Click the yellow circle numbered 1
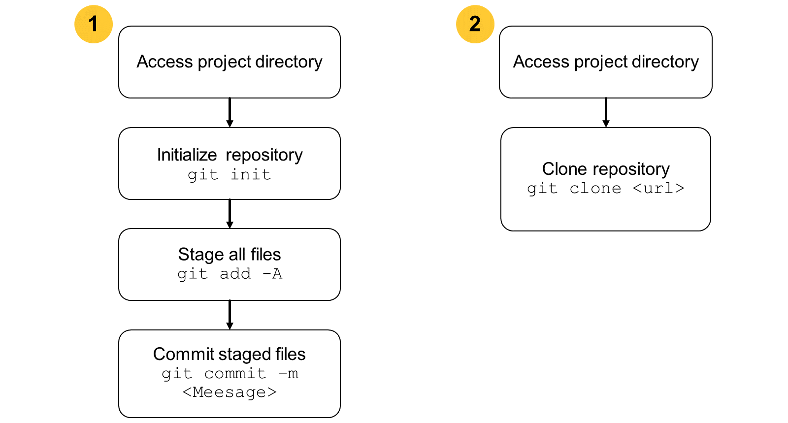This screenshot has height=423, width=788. pos(94,24)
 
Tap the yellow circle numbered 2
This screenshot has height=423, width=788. pos(475,24)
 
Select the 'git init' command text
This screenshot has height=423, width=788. pos(230,175)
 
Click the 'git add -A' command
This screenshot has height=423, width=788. pos(230,274)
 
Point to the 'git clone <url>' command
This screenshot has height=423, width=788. pos(605,189)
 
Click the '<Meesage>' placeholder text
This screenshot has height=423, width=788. pos(230,391)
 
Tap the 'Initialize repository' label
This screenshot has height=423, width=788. pos(230,155)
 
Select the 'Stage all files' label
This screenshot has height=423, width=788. pos(230,255)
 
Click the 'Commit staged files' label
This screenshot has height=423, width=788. pos(230,354)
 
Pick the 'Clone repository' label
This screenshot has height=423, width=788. pos(605,169)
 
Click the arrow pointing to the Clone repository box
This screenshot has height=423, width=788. pos(606,112)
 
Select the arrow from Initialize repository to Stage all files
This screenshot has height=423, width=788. pos(230,214)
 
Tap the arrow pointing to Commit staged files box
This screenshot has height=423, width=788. pos(230,315)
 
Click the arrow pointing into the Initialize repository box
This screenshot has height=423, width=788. pos(230,112)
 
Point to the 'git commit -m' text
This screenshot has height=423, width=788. pos(230,374)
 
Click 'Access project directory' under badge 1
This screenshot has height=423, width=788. pos(230,62)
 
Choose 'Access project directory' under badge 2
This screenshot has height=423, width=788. pos(606,62)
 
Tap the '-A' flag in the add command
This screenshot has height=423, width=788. pos(272,274)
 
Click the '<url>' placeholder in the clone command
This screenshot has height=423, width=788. pos(658,189)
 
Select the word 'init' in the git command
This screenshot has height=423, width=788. pos(251,174)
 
